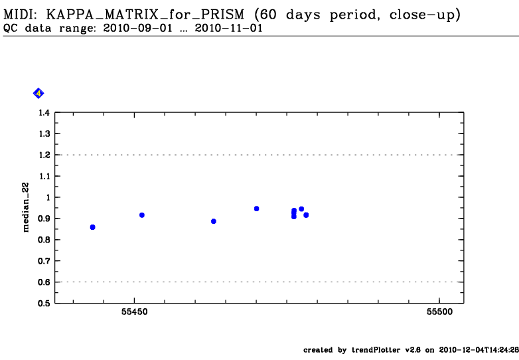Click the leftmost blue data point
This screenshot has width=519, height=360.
[x=92, y=227]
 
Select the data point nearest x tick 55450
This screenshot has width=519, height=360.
[x=142, y=215]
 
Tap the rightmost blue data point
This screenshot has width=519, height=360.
[x=306, y=215]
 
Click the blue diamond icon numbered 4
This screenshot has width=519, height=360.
[x=38, y=94]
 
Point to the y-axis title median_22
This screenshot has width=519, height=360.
[x=27, y=208]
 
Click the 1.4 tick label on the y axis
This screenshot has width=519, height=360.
[x=43, y=113]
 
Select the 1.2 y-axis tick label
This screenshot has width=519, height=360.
[x=43, y=155]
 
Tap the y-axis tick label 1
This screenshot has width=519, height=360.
[x=47, y=197]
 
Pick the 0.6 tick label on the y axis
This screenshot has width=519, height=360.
[x=43, y=282]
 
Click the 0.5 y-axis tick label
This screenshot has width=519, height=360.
[x=43, y=304]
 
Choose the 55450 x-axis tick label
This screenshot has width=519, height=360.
[x=135, y=312]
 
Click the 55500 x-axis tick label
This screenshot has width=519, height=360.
[x=439, y=312]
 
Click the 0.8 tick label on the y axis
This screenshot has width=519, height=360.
[x=43, y=240]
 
